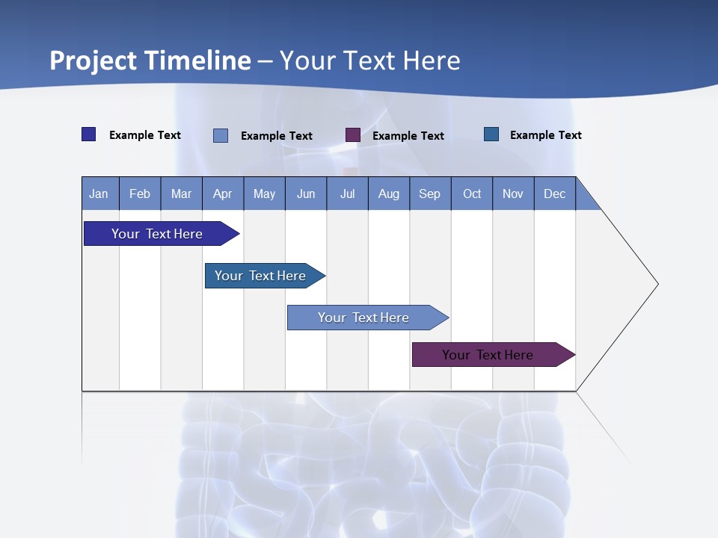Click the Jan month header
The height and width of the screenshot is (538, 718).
[x=99, y=194]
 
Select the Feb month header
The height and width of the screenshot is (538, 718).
[x=140, y=194]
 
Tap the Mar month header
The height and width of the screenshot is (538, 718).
[x=181, y=194]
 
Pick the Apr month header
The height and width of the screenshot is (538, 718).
[x=223, y=194]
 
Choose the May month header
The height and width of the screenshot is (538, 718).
[x=264, y=194]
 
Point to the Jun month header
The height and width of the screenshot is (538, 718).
[x=306, y=194]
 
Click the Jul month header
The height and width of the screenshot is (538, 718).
[x=347, y=194]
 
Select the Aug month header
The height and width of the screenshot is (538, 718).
[x=389, y=194]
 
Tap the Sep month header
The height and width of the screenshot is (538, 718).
[x=430, y=194]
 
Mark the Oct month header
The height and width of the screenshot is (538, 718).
[x=472, y=194]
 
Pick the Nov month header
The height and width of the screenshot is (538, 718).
[x=513, y=194]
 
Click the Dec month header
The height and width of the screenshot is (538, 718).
[x=555, y=194]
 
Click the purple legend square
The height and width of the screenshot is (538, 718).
[x=353, y=135]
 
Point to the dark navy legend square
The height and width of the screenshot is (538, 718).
[x=89, y=134]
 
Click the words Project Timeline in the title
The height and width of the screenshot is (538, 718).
[x=150, y=61]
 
